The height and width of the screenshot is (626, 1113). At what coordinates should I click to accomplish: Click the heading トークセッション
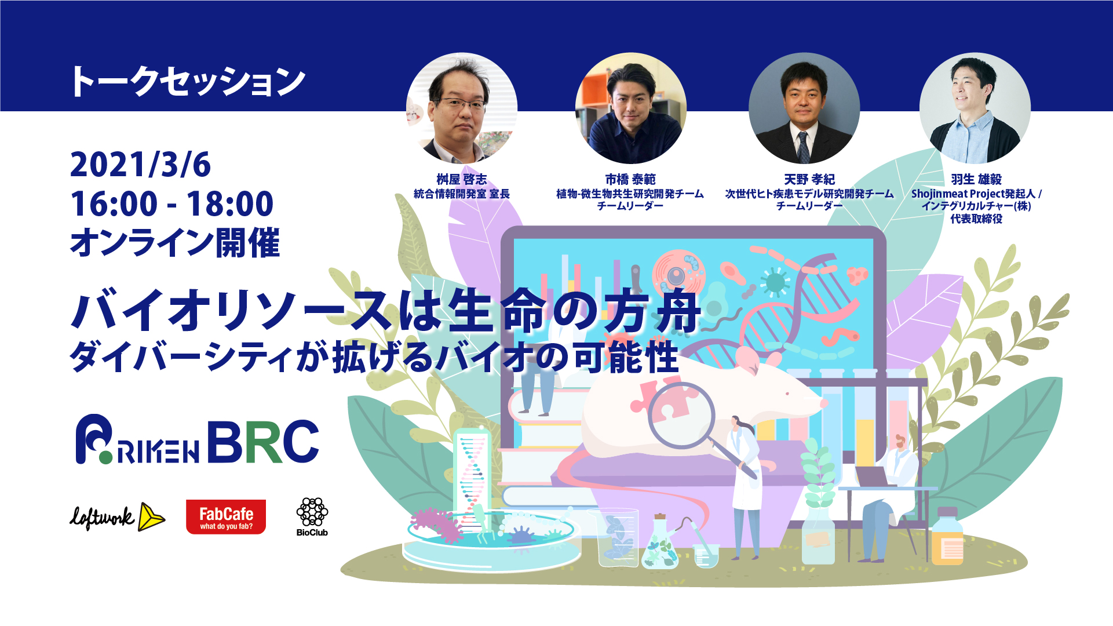click(187, 81)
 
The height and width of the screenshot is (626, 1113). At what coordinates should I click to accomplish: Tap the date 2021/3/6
click(140, 165)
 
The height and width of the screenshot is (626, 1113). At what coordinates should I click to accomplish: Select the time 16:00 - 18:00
click(171, 203)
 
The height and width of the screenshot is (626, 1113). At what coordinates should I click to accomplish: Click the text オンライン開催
click(175, 242)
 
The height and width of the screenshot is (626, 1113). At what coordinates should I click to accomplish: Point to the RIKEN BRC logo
click(198, 440)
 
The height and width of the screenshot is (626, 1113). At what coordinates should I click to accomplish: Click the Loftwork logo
click(118, 516)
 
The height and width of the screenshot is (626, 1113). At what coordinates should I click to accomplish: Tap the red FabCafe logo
click(226, 516)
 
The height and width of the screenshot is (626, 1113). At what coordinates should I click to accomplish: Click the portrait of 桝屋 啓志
click(462, 108)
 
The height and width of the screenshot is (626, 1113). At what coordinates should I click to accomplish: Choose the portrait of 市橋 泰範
click(630, 108)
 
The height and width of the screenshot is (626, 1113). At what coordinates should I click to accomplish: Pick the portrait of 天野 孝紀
click(804, 108)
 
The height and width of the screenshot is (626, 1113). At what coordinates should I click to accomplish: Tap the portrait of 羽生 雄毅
click(975, 108)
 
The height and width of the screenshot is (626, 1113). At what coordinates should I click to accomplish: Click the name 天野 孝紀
click(809, 180)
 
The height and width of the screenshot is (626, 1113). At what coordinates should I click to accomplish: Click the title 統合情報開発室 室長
click(462, 194)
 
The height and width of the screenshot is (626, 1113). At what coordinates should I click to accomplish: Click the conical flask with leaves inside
click(660, 541)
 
